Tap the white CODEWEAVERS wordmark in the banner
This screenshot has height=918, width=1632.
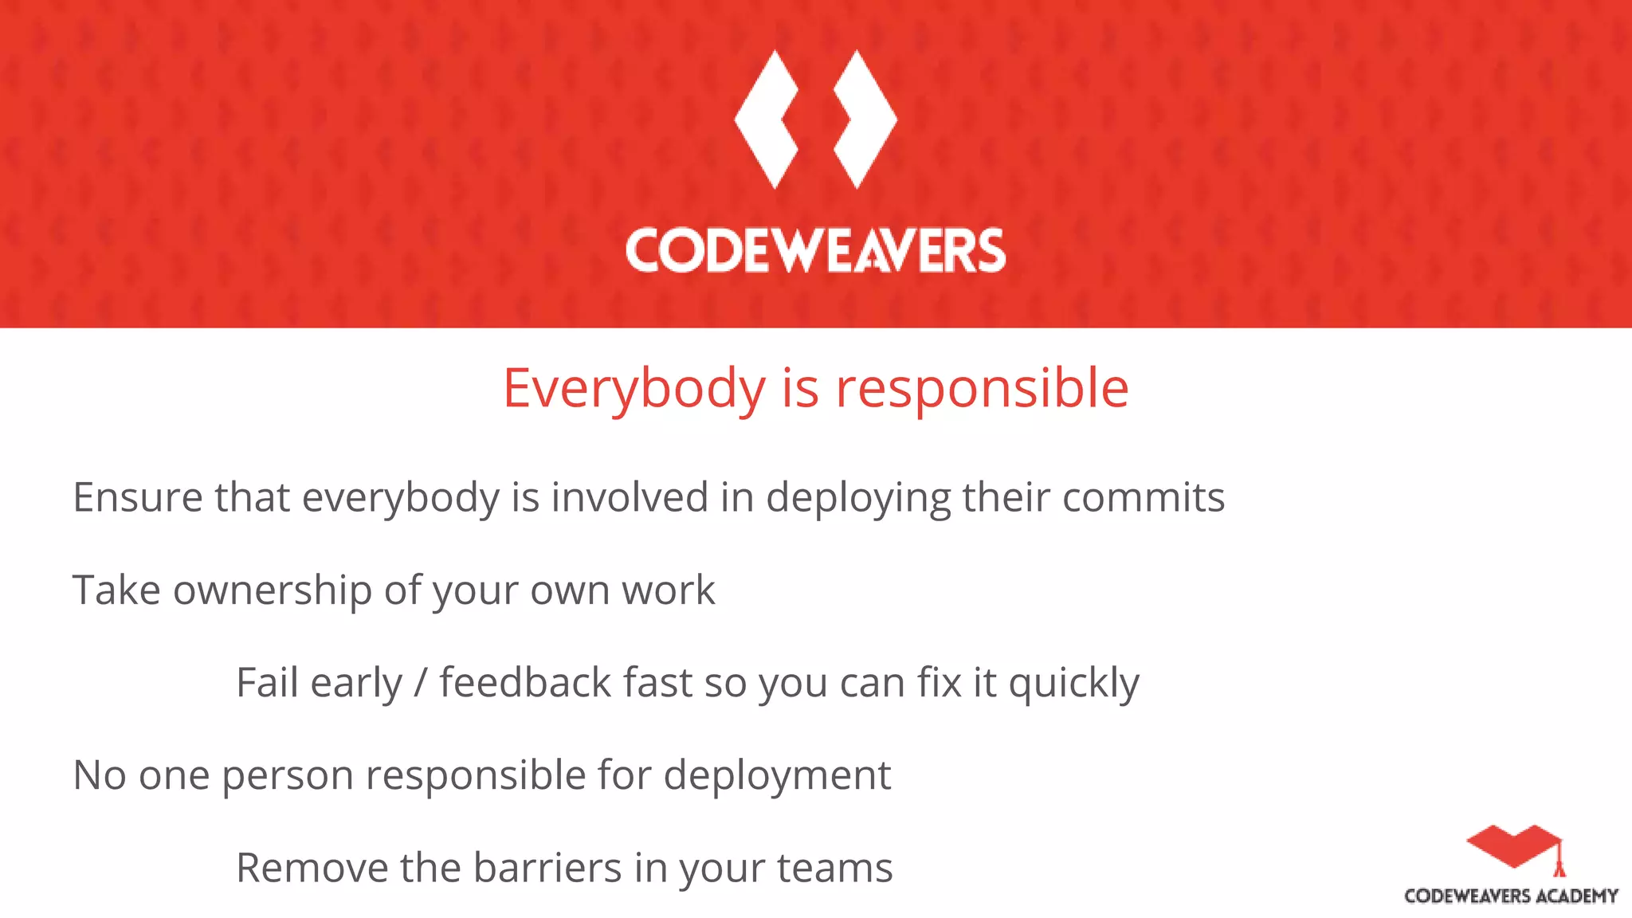815,251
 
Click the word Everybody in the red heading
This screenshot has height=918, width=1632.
634,389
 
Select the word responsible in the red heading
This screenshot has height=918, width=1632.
982,389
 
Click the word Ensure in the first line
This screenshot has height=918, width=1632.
137,497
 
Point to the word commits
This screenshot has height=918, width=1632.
1144,497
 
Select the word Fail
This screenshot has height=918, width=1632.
267,683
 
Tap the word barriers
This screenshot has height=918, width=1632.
547,868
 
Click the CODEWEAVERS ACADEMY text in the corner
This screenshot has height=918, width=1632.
1511,896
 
